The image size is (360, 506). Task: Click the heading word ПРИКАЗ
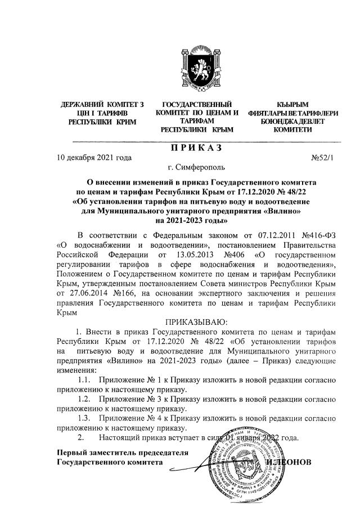coord(196,147)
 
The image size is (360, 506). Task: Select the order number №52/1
coord(322,158)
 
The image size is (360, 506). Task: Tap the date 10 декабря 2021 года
coord(94,158)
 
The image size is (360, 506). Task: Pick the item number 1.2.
coord(85,400)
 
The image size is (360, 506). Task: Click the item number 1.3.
coord(85,419)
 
